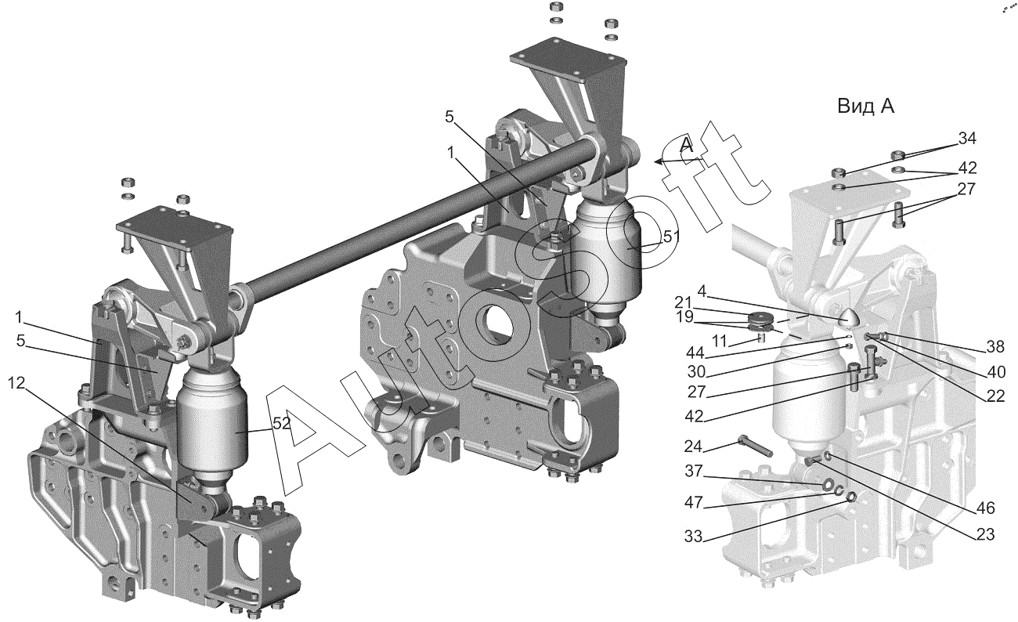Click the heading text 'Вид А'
(x=865, y=107)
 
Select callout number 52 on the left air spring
(x=281, y=423)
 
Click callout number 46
(x=985, y=508)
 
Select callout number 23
(x=985, y=536)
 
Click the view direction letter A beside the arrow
(x=686, y=144)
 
